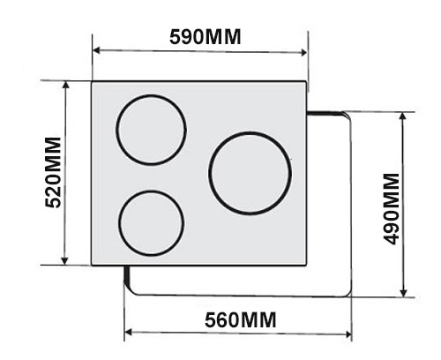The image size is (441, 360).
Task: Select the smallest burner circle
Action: [151, 221]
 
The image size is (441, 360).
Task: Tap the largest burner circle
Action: [250, 172]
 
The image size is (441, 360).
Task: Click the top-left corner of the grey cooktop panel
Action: [92, 82]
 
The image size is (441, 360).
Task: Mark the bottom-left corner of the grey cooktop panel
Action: [92, 264]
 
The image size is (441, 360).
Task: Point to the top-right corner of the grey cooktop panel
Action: [308, 82]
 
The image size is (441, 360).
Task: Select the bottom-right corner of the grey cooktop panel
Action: [308, 264]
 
